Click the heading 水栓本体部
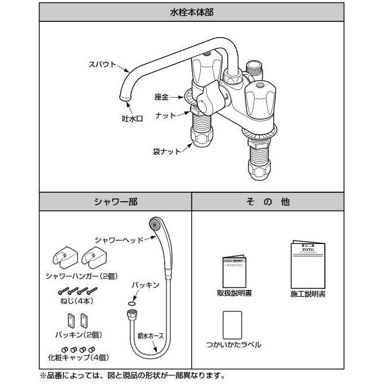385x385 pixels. [x=192, y=11]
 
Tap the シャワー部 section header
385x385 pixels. [x=115, y=201]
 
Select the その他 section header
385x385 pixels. [x=268, y=201]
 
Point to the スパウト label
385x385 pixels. [x=101, y=64]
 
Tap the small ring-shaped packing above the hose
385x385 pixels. [x=130, y=303]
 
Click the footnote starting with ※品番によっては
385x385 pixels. [x=132, y=375]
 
